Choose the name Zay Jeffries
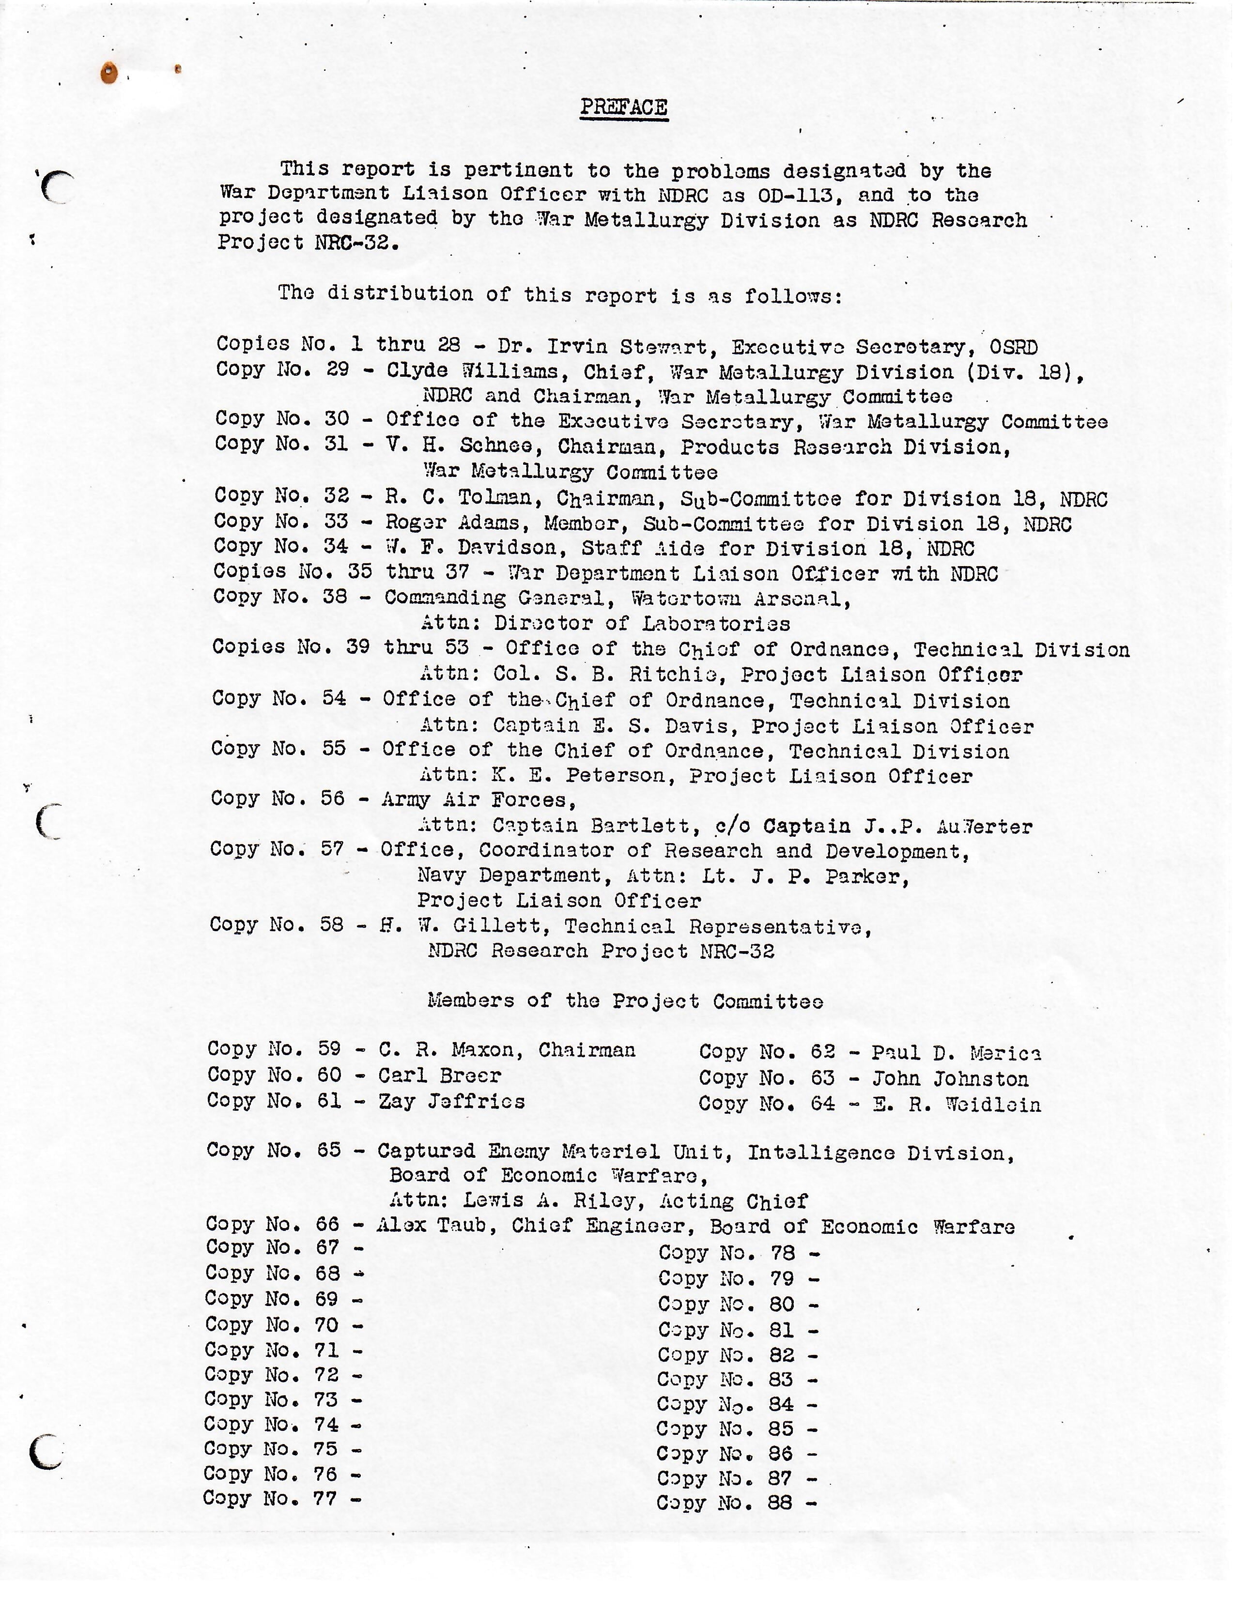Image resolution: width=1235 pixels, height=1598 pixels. click(451, 1101)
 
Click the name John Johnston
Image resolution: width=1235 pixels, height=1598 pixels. click(950, 1078)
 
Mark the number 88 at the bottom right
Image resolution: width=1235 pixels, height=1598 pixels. click(780, 1503)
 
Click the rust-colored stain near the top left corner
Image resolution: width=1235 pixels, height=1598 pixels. click(109, 73)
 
